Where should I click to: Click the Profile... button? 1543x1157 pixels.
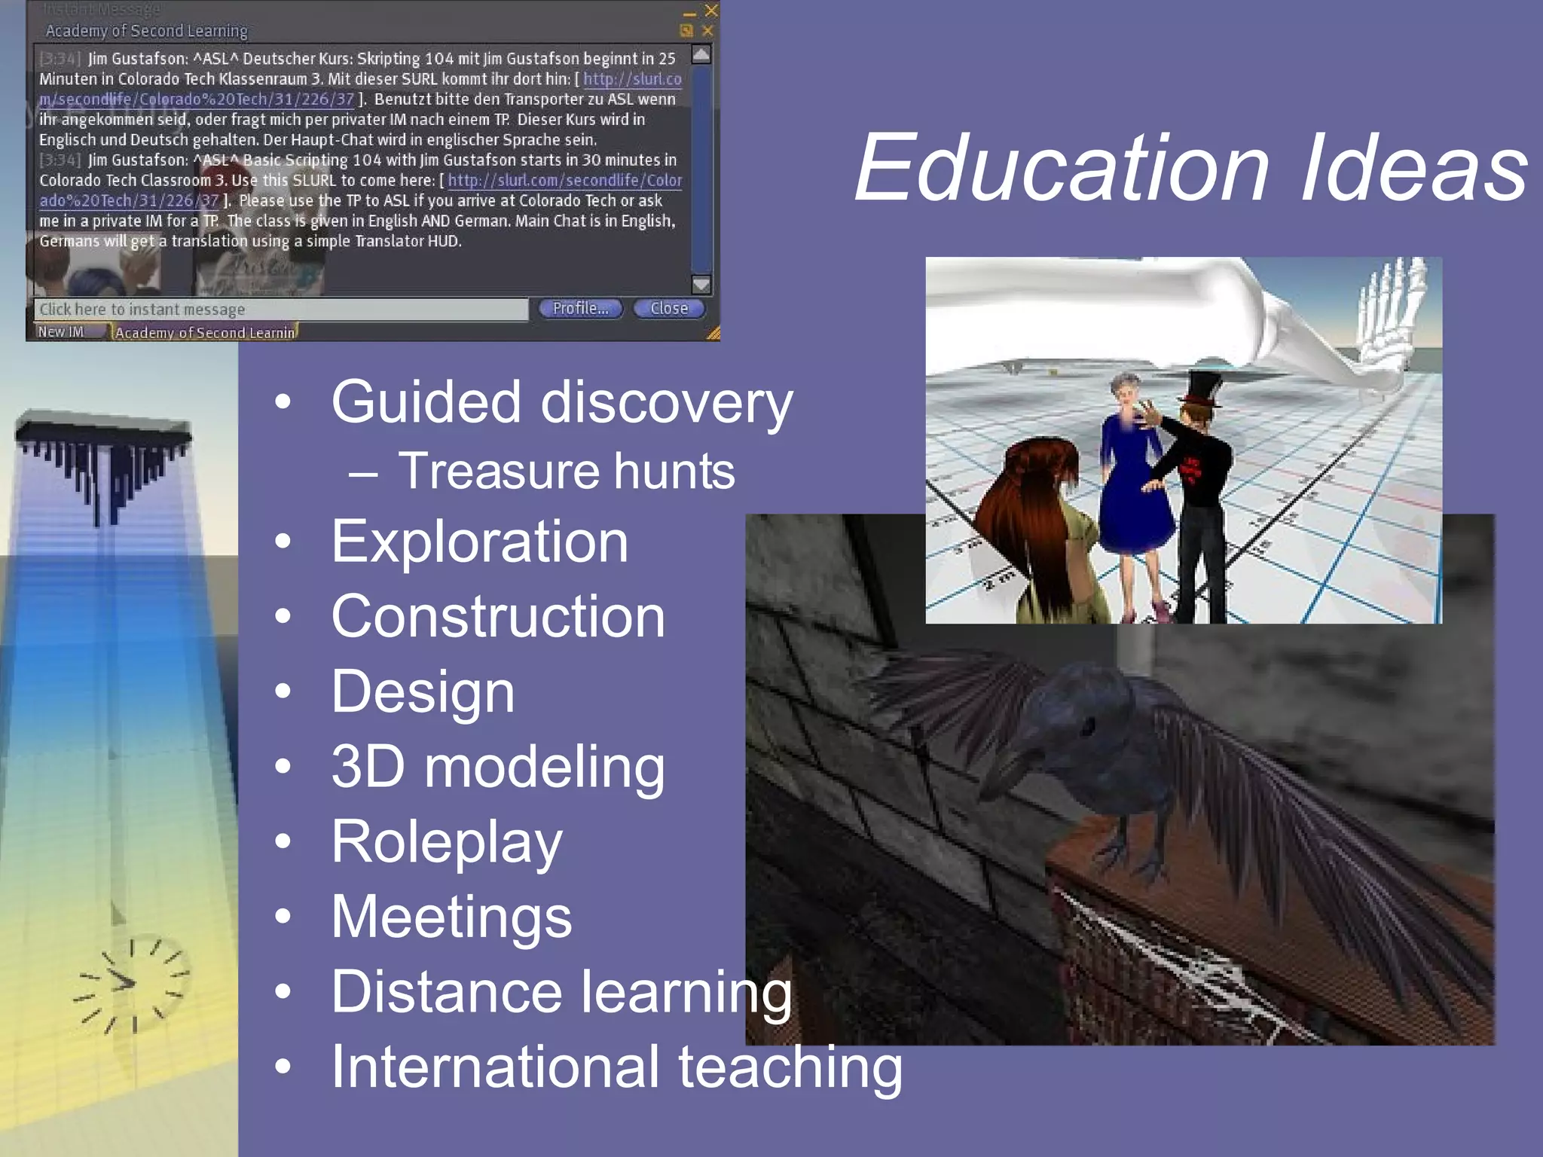(x=580, y=309)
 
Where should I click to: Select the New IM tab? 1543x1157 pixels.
(x=61, y=332)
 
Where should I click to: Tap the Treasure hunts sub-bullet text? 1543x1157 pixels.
(x=566, y=472)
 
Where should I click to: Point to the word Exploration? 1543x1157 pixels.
(x=480, y=542)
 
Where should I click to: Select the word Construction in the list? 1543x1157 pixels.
(x=498, y=617)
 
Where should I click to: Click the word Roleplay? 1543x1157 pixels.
(x=447, y=842)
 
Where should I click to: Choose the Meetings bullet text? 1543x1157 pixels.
(x=451, y=917)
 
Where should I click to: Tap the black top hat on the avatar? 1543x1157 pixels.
(x=1202, y=387)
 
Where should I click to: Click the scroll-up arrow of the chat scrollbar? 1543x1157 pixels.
(x=701, y=54)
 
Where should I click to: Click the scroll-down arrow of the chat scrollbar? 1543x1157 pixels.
(x=701, y=284)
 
